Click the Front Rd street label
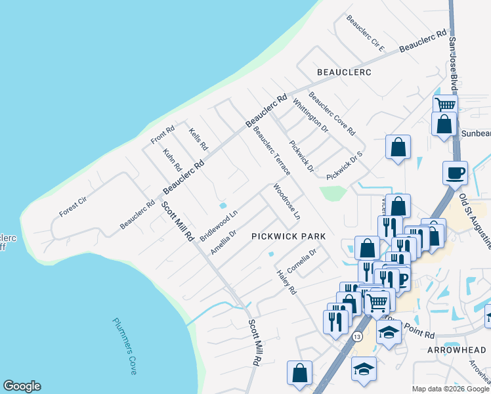tap(162, 135)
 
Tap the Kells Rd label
tap(198, 139)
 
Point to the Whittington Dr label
tap(310, 116)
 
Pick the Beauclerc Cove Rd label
tap(331, 112)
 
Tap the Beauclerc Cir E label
tap(366, 33)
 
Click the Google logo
tap(22, 386)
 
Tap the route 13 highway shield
tap(357, 336)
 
